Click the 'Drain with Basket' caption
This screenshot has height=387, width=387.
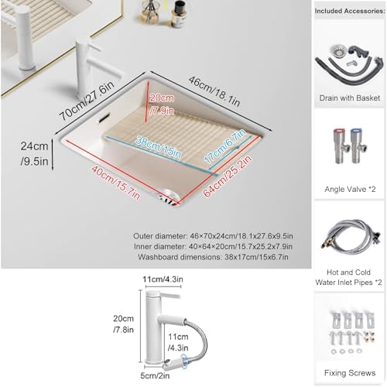[x=351, y=98]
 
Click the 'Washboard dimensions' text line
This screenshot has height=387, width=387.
[x=211, y=256]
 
